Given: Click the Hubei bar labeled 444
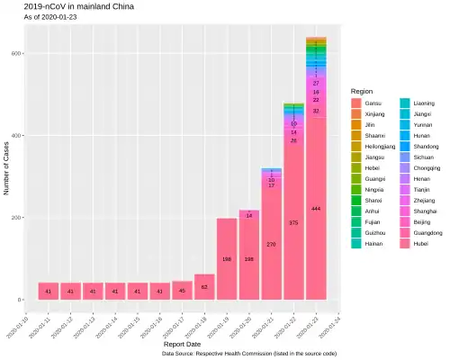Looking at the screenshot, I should tap(316, 208).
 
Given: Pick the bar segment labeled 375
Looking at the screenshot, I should tap(293, 222).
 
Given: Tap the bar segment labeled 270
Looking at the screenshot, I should tap(272, 244).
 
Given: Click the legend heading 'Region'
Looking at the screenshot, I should tap(362, 91).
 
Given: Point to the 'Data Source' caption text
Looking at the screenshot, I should tap(249, 354).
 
